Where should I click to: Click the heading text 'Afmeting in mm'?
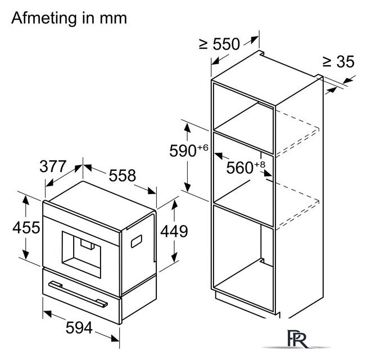click(x=69, y=18)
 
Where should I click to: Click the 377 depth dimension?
click(x=53, y=166)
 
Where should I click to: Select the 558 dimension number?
click(x=122, y=175)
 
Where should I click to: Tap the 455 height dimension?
click(x=26, y=227)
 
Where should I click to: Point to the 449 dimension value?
click(x=174, y=231)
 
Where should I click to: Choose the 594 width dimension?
click(x=79, y=327)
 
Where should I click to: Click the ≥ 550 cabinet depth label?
click(x=219, y=44)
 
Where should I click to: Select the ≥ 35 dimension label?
click(x=338, y=62)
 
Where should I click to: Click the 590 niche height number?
click(x=183, y=151)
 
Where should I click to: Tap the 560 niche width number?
click(x=240, y=168)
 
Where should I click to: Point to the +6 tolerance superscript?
click(x=203, y=147)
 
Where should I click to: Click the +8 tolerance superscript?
click(x=260, y=165)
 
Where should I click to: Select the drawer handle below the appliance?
click(x=78, y=294)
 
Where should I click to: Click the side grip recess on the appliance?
click(x=137, y=241)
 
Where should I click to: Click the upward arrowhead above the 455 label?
click(x=26, y=200)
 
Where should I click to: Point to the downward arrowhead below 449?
click(x=174, y=257)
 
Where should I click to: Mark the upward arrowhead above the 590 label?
click(x=187, y=128)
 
